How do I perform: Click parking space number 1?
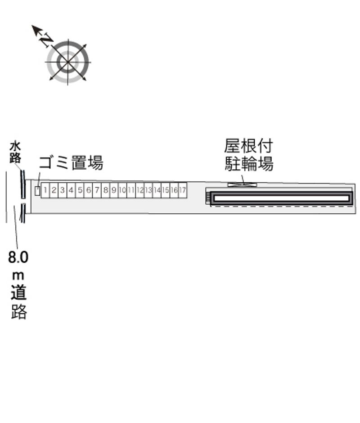45,190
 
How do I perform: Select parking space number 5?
80,190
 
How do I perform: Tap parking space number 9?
114,190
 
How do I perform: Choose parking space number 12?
139,190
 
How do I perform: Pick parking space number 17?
183,190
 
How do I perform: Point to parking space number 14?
157,190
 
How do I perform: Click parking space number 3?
63,190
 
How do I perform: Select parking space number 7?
97,190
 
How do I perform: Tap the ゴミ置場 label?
71,162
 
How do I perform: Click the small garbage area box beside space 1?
37,190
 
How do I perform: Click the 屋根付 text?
248,146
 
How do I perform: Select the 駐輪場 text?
249,163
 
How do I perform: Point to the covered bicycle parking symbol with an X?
242,185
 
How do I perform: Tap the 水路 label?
15,153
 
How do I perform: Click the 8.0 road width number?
18,257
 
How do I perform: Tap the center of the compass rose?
68,62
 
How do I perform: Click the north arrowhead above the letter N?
36,29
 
